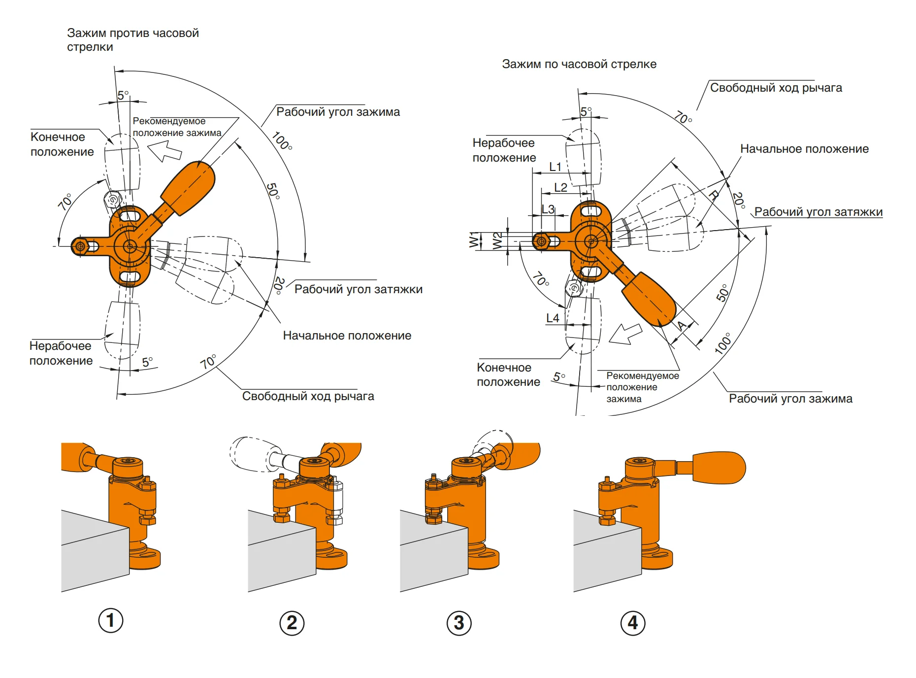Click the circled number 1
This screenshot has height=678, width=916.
[x=111, y=620]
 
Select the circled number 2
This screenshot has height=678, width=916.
[x=292, y=623]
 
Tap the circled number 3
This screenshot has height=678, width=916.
[x=459, y=623]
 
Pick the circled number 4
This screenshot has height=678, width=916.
[x=633, y=623]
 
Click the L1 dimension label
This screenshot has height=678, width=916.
[x=556, y=167]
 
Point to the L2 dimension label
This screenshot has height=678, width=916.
[x=560, y=188]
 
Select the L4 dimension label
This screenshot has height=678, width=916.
[x=553, y=318]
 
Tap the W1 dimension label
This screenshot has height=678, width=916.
[x=474, y=240]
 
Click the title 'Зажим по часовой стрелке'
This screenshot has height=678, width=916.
[x=579, y=64]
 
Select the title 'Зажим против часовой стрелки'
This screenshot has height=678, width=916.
[x=132, y=40]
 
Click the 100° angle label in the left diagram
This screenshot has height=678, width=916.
[x=282, y=141]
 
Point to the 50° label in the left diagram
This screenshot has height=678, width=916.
[x=273, y=191]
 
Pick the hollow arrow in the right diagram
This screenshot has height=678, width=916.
[x=625, y=334]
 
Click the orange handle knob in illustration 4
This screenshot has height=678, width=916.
[x=719, y=467]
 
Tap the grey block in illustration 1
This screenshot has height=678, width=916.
[x=94, y=552]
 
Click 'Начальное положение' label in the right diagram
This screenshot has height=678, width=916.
[x=804, y=149]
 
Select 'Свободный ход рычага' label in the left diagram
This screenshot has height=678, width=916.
[x=308, y=396]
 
